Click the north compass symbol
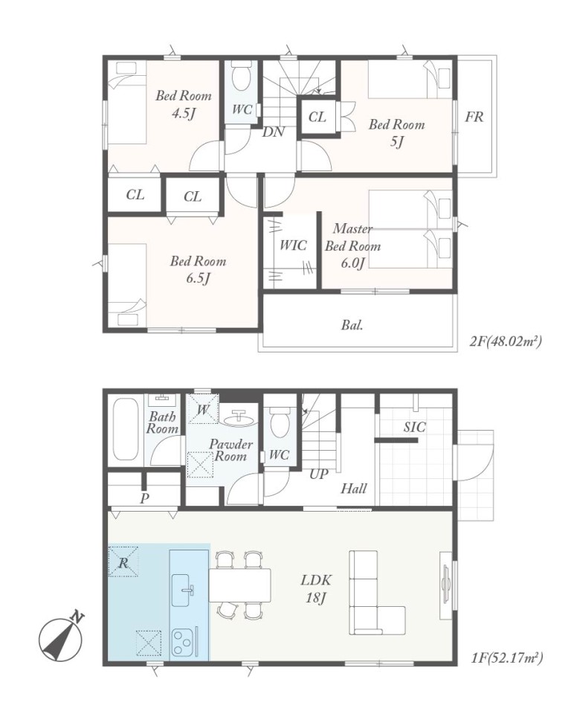pyautogui.click(x=61, y=638)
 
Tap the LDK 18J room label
pyautogui.click(x=316, y=588)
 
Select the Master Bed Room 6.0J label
pyautogui.click(x=352, y=245)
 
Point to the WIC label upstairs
pyautogui.click(x=293, y=245)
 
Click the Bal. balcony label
pyautogui.click(x=352, y=325)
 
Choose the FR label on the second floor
pyautogui.click(x=474, y=117)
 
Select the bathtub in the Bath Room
pyautogui.click(x=125, y=429)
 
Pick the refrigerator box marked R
pyautogui.click(x=123, y=562)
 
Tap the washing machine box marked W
pyautogui.click(x=203, y=408)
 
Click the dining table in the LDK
pyautogui.click(x=240, y=585)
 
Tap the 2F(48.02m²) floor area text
pyautogui.click(x=506, y=341)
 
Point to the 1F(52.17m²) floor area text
pyautogui.click(x=507, y=657)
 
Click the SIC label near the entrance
pyautogui.click(x=414, y=427)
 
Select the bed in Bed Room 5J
pyautogui.click(x=410, y=80)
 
